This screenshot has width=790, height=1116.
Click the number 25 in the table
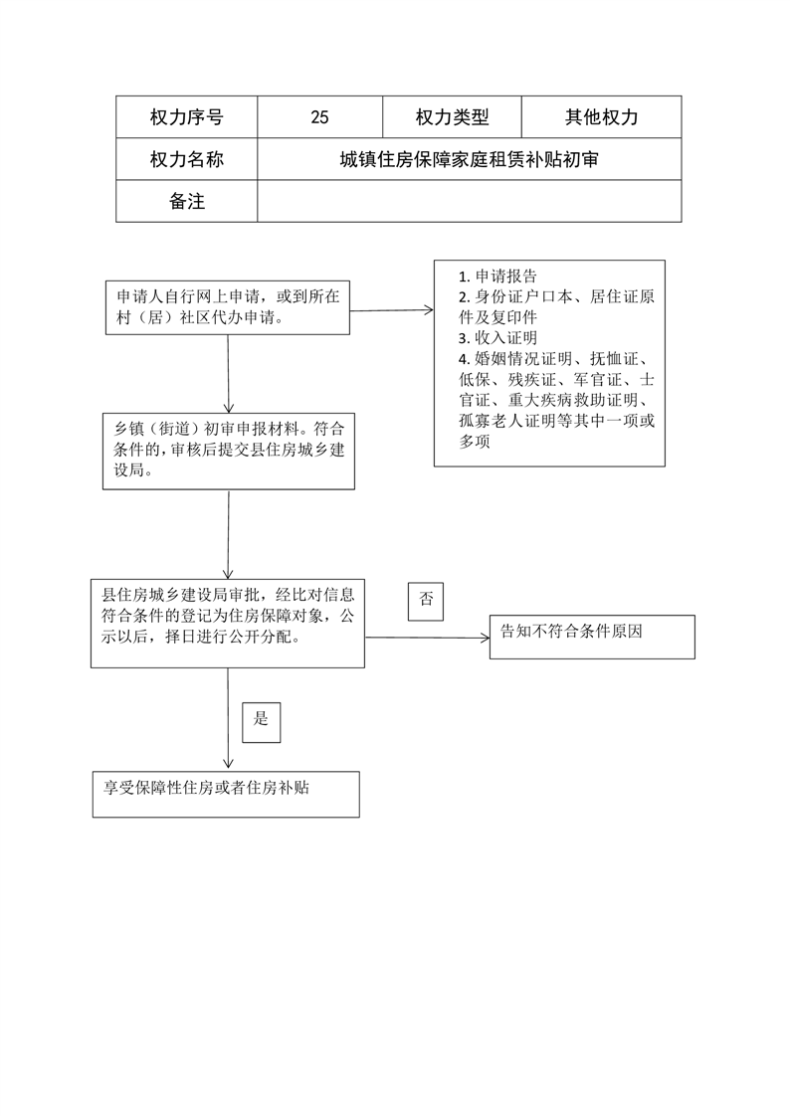[319, 117]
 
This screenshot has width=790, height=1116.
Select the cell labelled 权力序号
[186, 116]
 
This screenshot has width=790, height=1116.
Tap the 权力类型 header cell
[452, 116]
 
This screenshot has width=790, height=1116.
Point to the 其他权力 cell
[601, 116]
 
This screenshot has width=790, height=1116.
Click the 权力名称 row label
[186, 159]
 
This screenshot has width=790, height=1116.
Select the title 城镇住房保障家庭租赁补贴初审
[469, 159]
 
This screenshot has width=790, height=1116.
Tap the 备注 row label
[186, 201]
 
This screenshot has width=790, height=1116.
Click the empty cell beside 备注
[469, 201]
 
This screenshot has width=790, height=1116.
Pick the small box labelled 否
[426, 602]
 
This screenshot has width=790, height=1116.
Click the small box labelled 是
[262, 722]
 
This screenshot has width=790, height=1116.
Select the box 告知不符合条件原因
[592, 637]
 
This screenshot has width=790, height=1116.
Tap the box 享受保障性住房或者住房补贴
[226, 795]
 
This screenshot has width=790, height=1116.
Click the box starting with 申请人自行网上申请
[228, 307]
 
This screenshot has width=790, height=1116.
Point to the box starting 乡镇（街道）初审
[229, 452]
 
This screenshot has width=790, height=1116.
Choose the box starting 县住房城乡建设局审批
[228, 624]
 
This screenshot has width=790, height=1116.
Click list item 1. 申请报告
[497, 277]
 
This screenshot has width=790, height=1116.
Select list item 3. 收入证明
[497, 338]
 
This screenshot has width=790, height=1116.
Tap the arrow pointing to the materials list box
[392, 310]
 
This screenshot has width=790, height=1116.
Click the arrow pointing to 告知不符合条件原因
[428, 638]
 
